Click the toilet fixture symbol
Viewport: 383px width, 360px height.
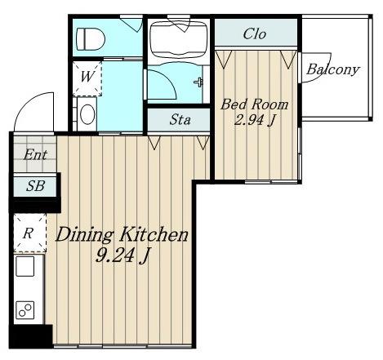pos(91,39)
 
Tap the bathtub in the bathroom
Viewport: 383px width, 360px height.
pos(179,39)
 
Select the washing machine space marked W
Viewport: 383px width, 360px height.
pos(87,78)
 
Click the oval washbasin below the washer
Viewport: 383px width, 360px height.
pos(87,114)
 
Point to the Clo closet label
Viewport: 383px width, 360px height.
pos(255,34)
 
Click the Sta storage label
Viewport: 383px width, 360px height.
pos(180,119)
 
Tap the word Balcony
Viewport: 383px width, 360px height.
pos(332,69)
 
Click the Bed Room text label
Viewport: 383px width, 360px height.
pos(254,104)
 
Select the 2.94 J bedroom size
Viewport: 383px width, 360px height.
pos(256,120)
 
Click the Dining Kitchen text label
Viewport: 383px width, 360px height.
pos(122,234)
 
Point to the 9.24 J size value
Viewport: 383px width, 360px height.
pos(122,256)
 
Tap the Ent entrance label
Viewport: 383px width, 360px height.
pos(35,155)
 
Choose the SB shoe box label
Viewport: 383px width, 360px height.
pos(36,186)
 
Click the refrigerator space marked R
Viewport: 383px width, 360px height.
pos(30,233)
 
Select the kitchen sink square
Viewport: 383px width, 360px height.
pos(25,266)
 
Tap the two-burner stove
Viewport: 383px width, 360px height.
pos(25,310)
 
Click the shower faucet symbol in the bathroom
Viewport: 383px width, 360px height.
pos(199,82)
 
